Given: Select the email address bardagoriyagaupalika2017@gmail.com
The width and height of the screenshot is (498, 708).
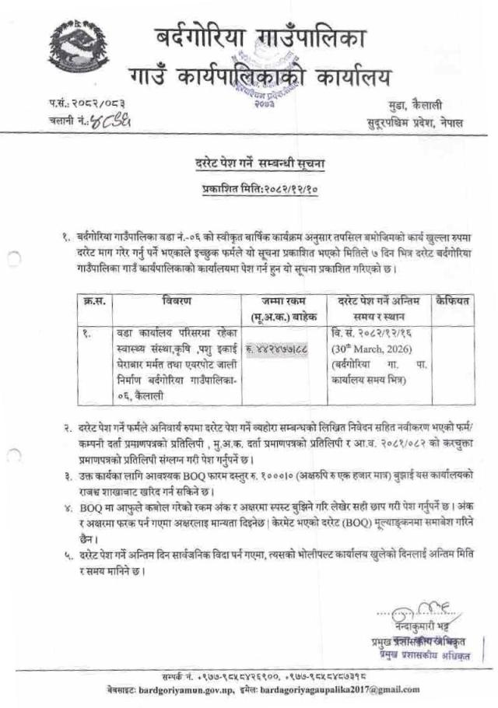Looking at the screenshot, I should (330, 690).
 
